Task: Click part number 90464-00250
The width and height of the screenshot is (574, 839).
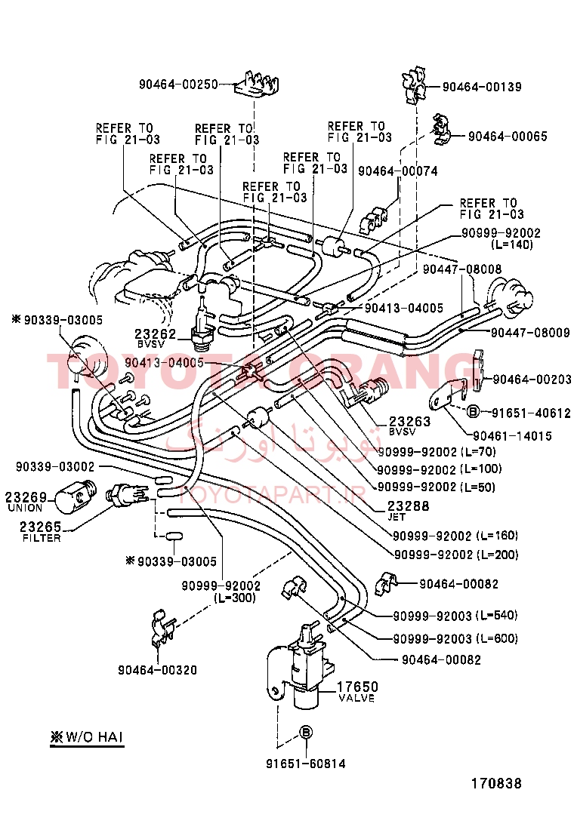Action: pyautogui.click(x=177, y=85)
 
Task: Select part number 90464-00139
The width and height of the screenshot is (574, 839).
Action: pyautogui.click(x=481, y=88)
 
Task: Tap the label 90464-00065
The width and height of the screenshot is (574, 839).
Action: pyautogui.click(x=508, y=137)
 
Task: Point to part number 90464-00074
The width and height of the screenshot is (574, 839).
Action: pyautogui.click(x=397, y=171)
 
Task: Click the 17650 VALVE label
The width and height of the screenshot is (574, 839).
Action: pyautogui.click(x=356, y=691)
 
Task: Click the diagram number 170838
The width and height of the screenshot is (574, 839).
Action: pyautogui.click(x=496, y=784)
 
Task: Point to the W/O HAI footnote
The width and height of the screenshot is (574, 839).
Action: pyautogui.click(x=87, y=736)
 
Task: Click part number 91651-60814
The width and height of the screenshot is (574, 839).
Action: pyautogui.click(x=305, y=764)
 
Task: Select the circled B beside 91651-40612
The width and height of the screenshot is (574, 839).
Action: pyautogui.click(x=471, y=411)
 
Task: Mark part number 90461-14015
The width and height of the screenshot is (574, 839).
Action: pyautogui.click(x=512, y=436)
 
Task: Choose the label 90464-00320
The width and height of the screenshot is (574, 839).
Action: pyautogui.click(x=157, y=669)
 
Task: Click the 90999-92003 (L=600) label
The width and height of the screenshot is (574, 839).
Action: pyautogui.click(x=455, y=639)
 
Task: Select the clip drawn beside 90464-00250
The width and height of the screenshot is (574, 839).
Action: pyautogui.click(x=255, y=85)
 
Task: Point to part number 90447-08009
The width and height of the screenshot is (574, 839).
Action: pyautogui.click(x=530, y=332)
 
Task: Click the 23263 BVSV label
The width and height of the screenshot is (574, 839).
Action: pyautogui.click(x=409, y=426)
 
